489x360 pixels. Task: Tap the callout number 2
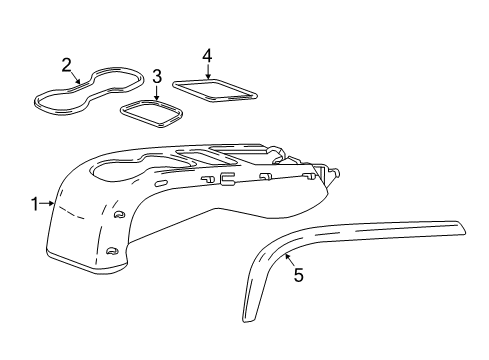pyautogui.click(x=66, y=66)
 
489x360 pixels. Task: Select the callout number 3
pyautogui.click(x=157, y=76)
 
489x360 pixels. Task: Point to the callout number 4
pyautogui.click(x=207, y=55)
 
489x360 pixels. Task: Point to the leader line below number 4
pyautogui.click(x=207, y=71)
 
